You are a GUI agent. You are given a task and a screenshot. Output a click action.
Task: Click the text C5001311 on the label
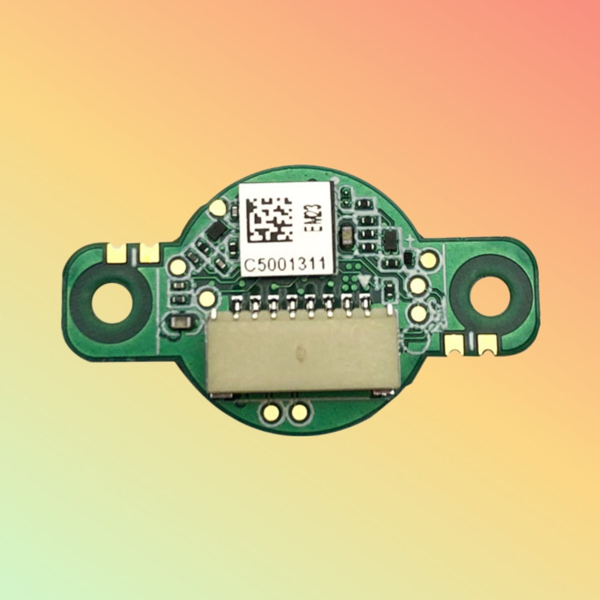click(284, 264)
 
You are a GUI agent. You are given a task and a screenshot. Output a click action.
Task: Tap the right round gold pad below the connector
click(299, 412)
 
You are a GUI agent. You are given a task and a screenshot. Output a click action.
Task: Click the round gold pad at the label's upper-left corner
click(217, 206)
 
